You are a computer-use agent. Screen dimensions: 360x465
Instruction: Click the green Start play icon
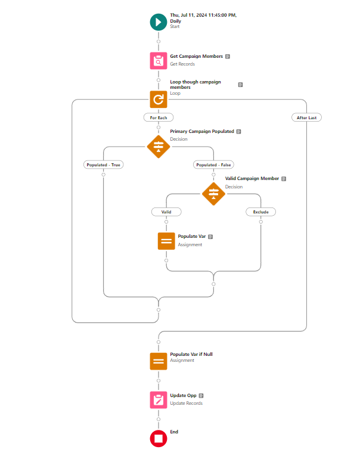(159, 22)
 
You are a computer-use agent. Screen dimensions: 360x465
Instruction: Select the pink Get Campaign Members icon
(159, 61)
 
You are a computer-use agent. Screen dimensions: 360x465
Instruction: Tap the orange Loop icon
(159, 100)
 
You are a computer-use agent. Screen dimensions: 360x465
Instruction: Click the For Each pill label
(159, 117)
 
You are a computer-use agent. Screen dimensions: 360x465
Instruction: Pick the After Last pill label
(306, 117)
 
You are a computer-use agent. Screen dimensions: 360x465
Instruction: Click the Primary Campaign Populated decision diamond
(159, 147)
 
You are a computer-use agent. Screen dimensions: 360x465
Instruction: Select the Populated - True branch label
(103, 165)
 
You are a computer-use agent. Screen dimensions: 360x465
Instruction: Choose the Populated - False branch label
(213, 165)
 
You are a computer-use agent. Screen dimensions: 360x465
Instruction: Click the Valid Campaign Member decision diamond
(213, 194)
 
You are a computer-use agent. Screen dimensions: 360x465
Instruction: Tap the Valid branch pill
(166, 212)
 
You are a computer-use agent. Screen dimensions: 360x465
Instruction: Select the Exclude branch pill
(260, 212)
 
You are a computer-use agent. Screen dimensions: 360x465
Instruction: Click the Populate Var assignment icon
(166, 241)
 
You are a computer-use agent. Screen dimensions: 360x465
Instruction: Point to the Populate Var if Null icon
(159, 361)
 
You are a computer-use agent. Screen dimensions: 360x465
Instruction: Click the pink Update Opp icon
(159, 400)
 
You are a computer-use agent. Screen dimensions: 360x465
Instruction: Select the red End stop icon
(159, 439)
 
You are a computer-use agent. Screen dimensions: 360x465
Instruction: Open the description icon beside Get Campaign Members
(228, 57)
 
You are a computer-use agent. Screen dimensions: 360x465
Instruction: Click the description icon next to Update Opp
(201, 396)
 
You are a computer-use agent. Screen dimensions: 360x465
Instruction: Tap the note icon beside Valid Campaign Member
(284, 179)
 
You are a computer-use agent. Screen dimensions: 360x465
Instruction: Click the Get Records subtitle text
(182, 64)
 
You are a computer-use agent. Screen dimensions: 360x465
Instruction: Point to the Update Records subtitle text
(186, 404)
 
